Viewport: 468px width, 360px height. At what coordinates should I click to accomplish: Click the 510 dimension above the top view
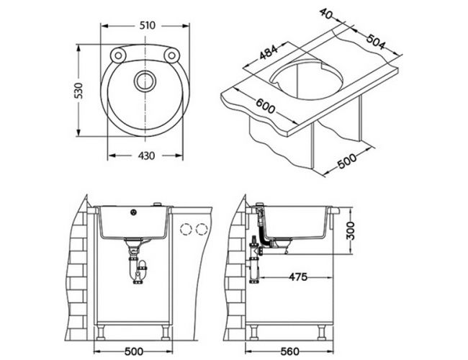[148, 25]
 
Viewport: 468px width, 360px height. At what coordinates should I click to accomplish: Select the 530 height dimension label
[78, 91]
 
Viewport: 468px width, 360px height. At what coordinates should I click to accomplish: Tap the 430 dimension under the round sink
[147, 156]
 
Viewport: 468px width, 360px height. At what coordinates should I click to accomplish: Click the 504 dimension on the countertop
[376, 42]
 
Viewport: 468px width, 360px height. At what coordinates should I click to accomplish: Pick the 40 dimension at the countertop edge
[326, 14]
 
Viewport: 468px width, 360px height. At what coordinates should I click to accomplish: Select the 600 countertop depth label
[265, 106]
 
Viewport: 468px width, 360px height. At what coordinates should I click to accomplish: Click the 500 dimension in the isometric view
[347, 161]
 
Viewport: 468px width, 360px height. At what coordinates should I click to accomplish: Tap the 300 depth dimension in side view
[351, 230]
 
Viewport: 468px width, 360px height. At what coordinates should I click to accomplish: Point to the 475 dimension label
[298, 277]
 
